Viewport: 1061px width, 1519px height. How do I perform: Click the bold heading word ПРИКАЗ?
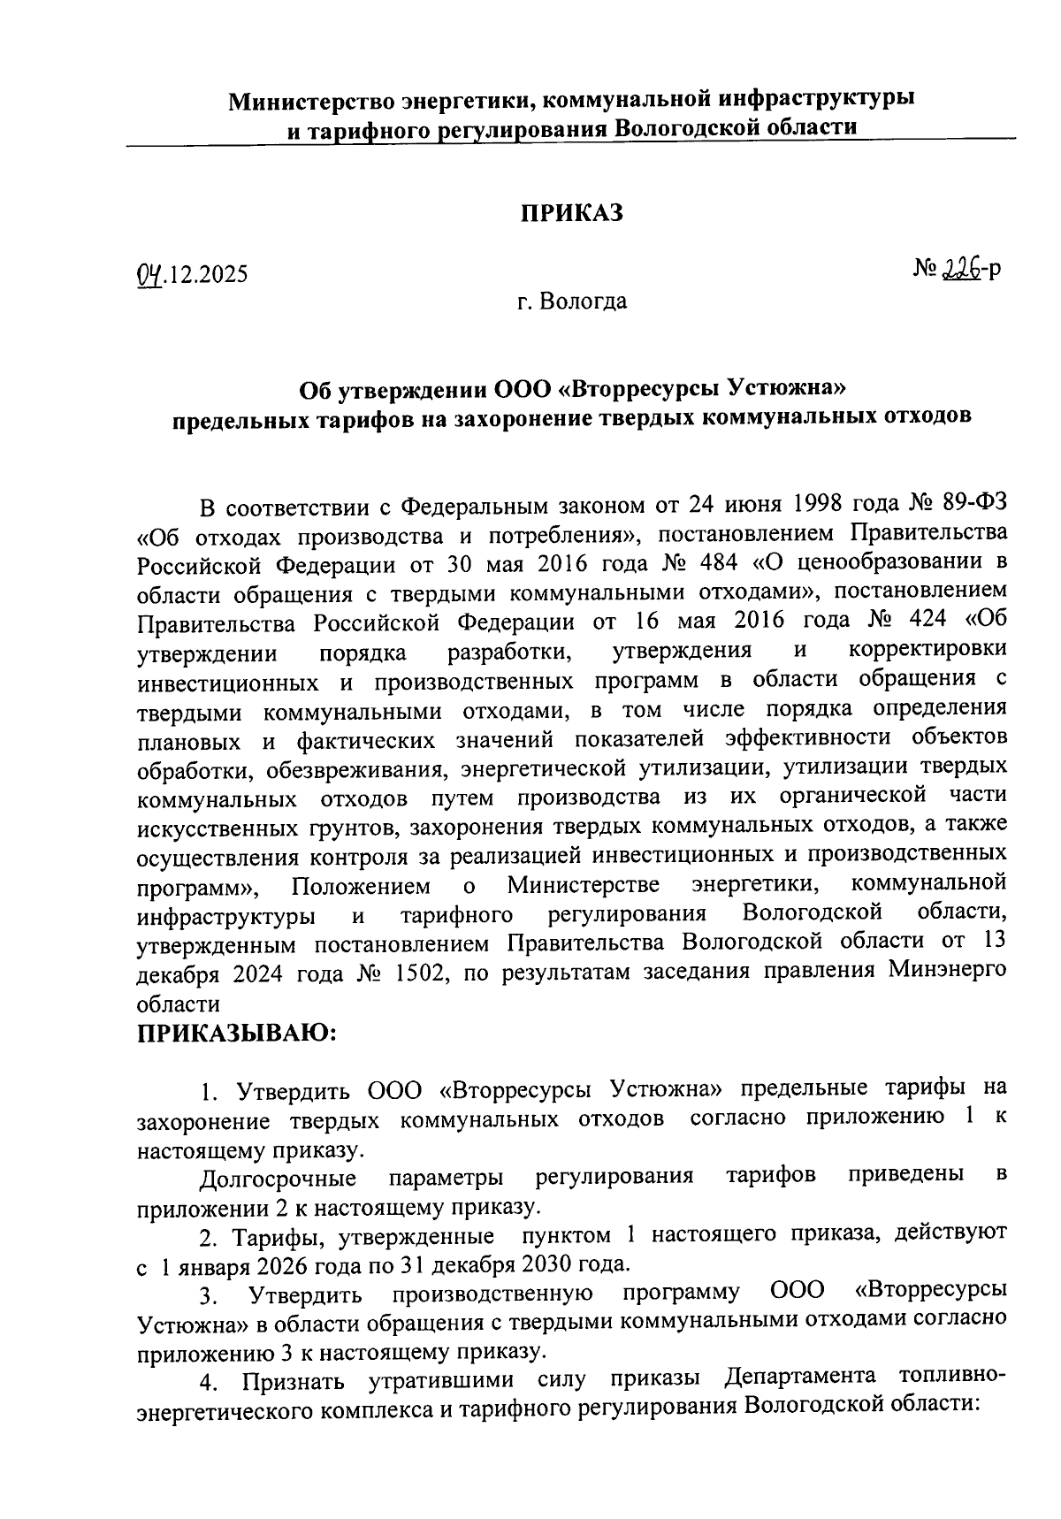(570, 213)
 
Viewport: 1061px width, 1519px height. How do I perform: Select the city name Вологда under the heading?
(584, 302)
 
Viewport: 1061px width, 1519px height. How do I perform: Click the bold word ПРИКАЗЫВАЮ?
(237, 1033)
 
